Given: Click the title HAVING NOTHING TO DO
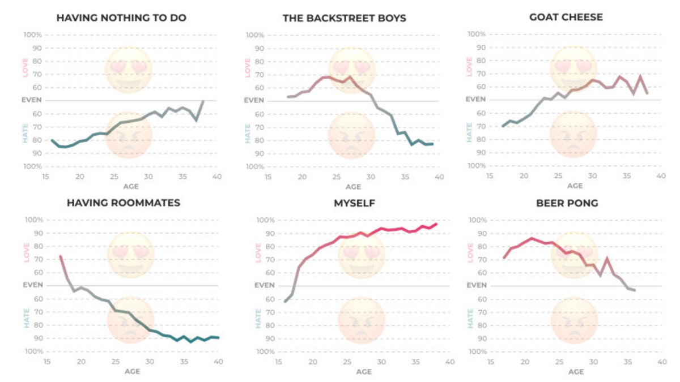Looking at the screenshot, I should click(x=121, y=18).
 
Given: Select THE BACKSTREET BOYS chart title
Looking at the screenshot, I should click(x=344, y=18).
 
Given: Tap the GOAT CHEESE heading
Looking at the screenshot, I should click(x=566, y=17).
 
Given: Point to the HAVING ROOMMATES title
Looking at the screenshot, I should click(x=124, y=203).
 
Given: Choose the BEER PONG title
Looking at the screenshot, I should click(x=567, y=203).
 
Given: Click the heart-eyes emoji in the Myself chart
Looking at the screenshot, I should click(x=362, y=255).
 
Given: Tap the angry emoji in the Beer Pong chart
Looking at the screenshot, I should click(x=574, y=320).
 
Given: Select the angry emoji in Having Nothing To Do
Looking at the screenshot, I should click(x=129, y=135).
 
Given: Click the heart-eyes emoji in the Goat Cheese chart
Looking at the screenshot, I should click(x=573, y=68).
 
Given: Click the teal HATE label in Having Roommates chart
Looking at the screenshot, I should click(x=25, y=318).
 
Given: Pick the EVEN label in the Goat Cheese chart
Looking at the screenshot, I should click(x=476, y=99).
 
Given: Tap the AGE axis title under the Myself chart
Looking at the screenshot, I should click(x=363, y=372).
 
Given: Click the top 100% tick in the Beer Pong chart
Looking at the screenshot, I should click(x=477, y=220).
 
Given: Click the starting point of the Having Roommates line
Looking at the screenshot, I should click(x=60, y=256).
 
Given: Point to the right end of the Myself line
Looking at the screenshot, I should click(x=436, y=224).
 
